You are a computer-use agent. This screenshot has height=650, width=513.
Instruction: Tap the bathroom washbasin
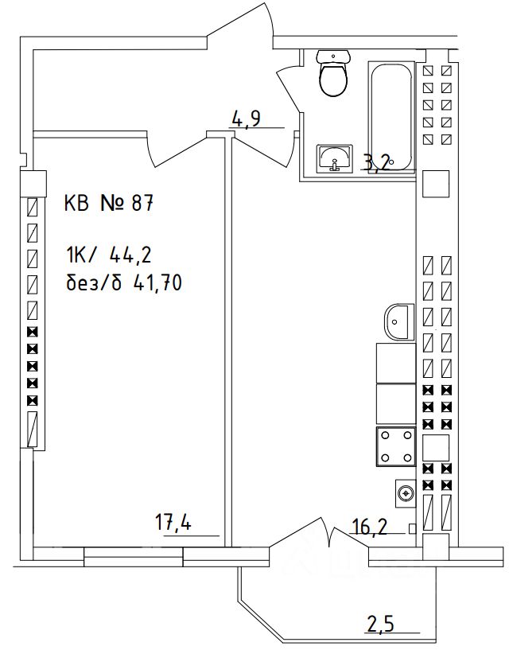(335, 158)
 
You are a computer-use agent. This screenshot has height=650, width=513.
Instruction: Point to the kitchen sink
(398, 321)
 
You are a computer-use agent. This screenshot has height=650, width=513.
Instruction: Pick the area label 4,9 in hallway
(246, 119)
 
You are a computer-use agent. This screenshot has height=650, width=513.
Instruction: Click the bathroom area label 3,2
(375, 164)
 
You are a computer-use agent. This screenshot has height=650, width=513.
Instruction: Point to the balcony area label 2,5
(382, 621)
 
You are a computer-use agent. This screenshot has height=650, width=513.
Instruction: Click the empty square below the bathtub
(436, 185)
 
